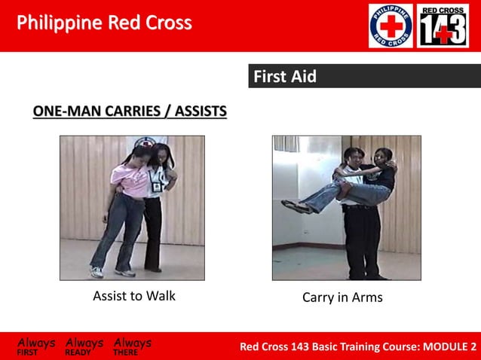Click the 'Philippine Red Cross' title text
pos(104,23)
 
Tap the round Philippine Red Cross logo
pos(390,26)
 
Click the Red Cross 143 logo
pos(443,26)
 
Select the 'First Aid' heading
pos(284,77)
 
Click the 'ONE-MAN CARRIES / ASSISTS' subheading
pos(130,112)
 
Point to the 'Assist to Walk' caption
pos(134,296)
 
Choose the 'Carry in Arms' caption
pos(342,297)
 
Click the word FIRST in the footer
pos(29,352)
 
